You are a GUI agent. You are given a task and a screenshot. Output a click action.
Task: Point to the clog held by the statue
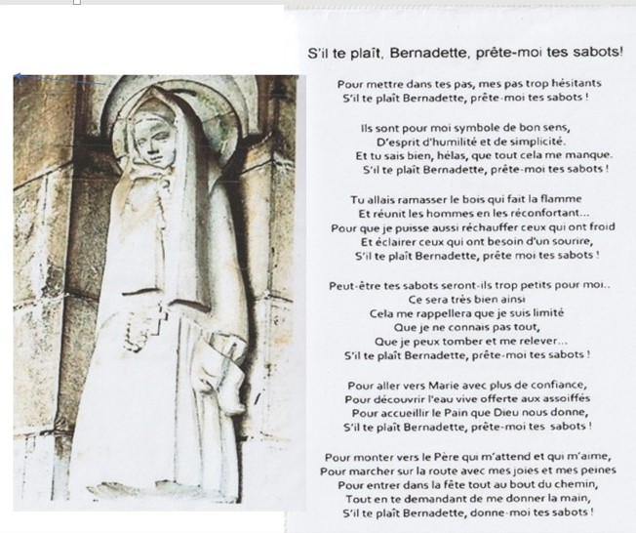point(217,365)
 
